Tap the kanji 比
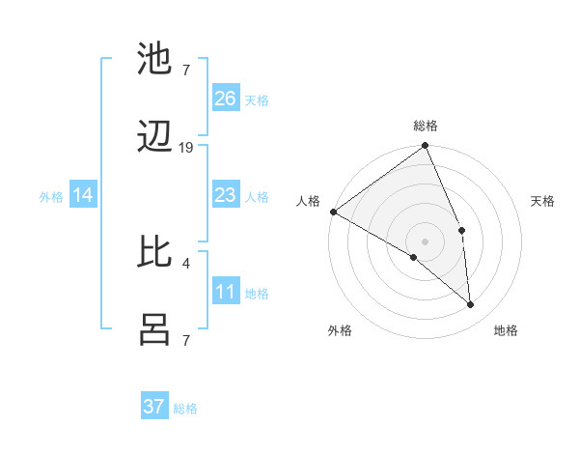[155, 252]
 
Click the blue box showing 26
[225, 98]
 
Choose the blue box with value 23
[225, 195]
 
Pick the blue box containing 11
[225, 292]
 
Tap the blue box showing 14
[83, 195]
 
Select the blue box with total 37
[154, 407]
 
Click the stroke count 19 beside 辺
[186, 148]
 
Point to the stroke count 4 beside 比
[185, 261]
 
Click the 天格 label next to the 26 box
[257, 99]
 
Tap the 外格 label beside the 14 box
[51, 197]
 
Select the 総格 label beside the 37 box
[185, 409]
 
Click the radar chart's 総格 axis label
[426, 126]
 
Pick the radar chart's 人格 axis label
[308, 201]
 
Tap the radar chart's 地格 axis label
[506, 330]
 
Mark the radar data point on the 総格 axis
[426, 147]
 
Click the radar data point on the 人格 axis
[333, 212]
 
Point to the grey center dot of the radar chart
[426, 241]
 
